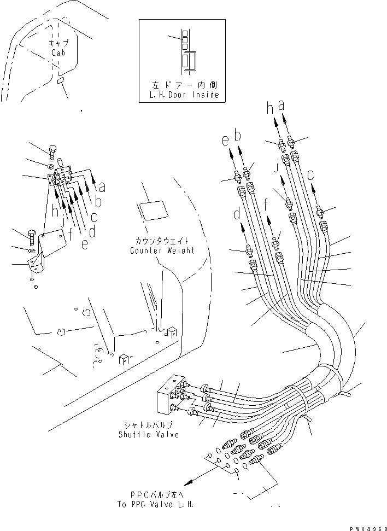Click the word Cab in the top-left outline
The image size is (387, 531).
point(58,53)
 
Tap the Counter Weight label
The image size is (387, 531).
point(162,250)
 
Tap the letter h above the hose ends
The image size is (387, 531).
point(269,109)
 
